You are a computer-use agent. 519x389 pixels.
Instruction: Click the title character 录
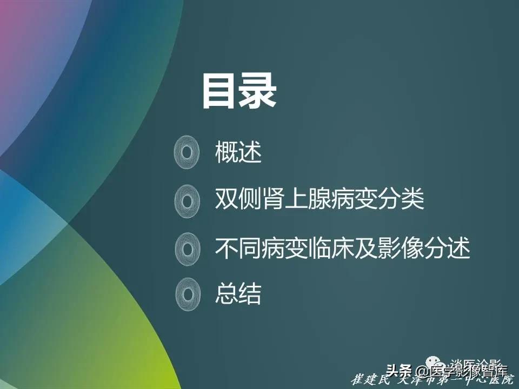[258, 91]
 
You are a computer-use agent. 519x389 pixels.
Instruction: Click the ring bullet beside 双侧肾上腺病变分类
[187, 201]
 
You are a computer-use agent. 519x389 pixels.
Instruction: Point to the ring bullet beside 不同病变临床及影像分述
[187, 249]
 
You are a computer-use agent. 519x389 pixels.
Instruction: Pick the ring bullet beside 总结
[187, 294]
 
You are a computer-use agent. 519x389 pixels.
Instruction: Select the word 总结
[238, 294]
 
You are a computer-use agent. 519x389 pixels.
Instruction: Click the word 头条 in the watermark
[397, 371]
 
